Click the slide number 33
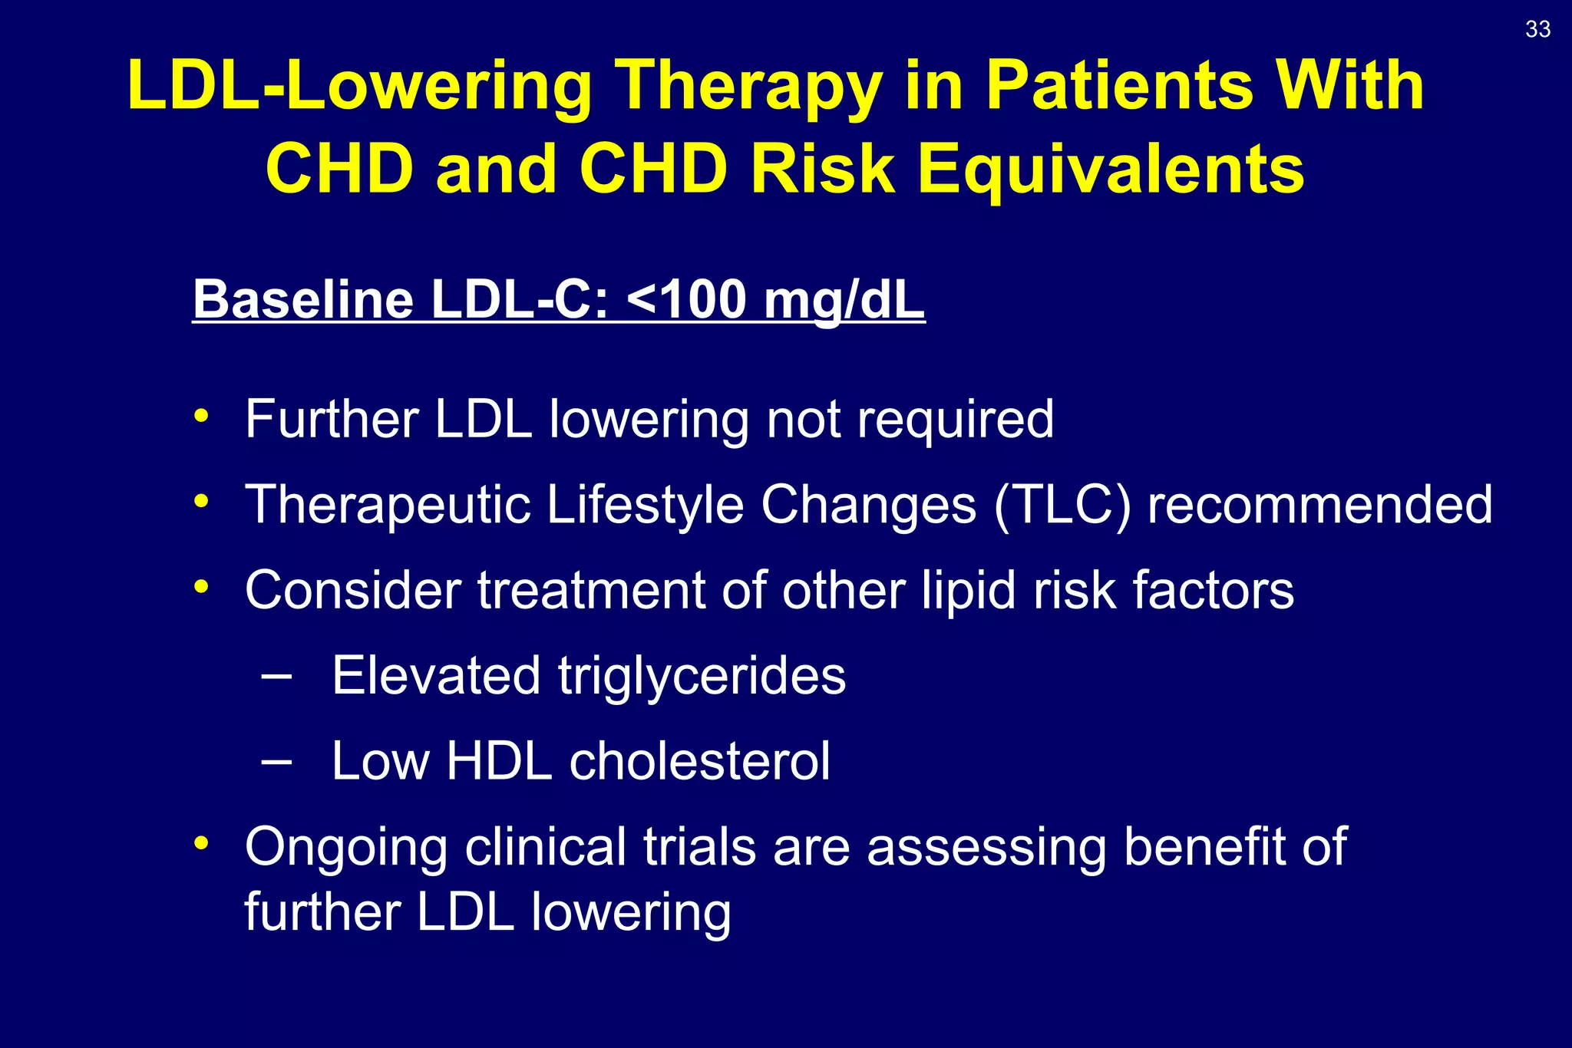[x=1537, y=29]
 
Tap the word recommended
[x=1319, y=505]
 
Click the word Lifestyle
[x=645, y=505]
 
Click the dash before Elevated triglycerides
[x=276, y=676]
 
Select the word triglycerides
[x=702, y=677]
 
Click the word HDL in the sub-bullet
[x=499, y=761]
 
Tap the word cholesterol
[x=699, y=761]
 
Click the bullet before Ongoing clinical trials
[x=201, y=843]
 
